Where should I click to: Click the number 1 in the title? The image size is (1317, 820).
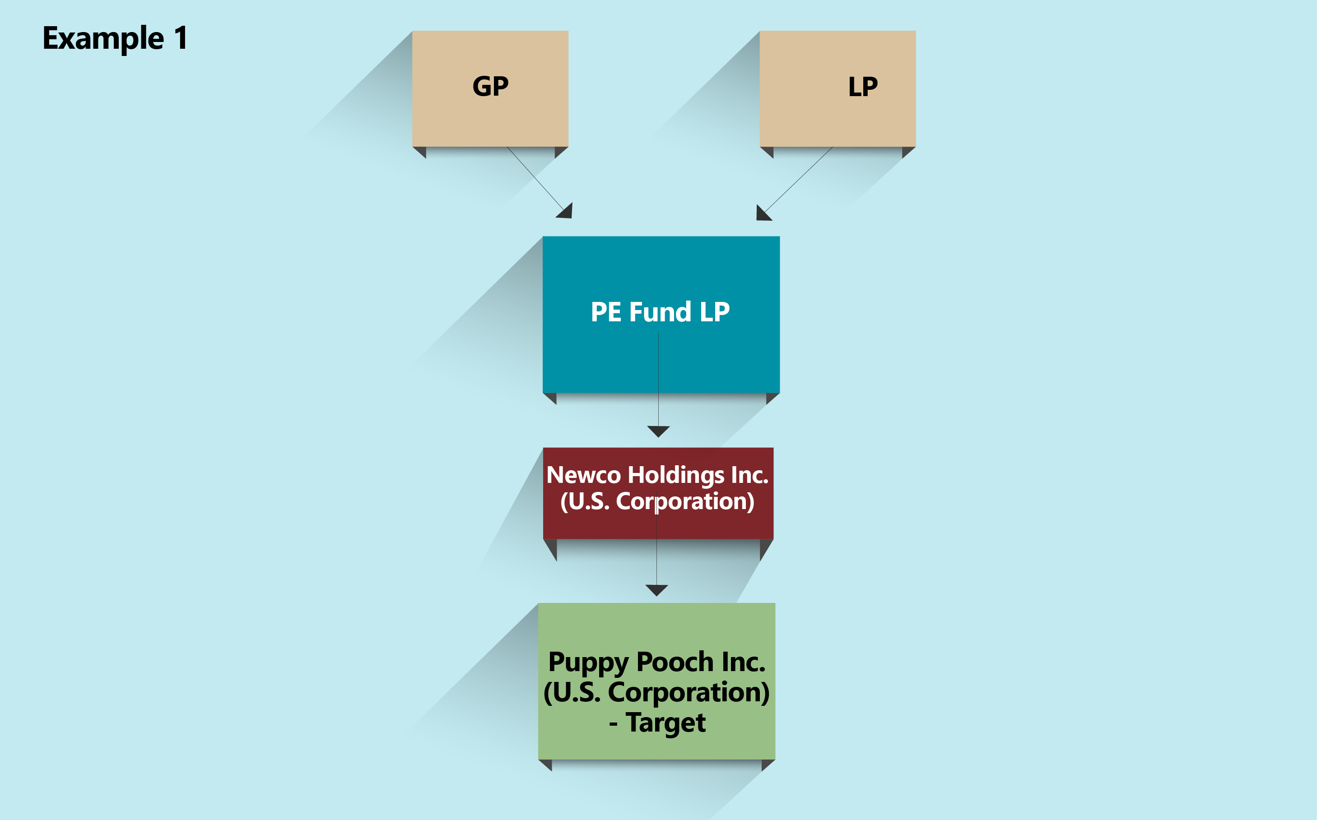point(181,38)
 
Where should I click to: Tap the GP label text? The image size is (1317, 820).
point(490,86)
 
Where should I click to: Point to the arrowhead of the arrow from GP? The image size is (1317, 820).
point(566,212)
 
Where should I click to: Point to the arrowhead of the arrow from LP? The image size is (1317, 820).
point(763,213)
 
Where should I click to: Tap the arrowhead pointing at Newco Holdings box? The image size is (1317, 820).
point(658,431)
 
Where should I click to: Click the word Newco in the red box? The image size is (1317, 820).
point(583,475)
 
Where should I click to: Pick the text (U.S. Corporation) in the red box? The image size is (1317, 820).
point(657,502)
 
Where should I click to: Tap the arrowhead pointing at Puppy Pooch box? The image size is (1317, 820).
point(656,590)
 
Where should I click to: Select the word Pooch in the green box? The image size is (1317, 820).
point(675,662)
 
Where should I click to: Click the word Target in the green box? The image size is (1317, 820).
point(665,723)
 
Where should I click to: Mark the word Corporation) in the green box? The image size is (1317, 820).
point(689,693)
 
